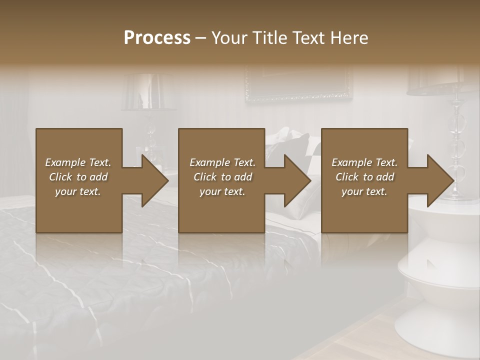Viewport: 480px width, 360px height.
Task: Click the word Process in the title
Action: point(157,37)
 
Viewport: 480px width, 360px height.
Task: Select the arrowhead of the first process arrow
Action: point(154,180)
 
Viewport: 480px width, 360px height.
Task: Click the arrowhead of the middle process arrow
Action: point(297,180)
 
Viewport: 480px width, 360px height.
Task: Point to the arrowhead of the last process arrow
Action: point(440,180)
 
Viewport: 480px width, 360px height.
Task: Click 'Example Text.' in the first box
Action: point(78,162)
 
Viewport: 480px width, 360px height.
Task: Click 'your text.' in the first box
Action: point(78,191)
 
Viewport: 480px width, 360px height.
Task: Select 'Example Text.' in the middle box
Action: point(222,162)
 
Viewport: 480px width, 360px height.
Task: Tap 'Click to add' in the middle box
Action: point(222,177)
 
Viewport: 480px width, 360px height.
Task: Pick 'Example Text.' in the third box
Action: point(364,162)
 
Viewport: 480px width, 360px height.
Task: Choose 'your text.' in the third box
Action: point(364,191)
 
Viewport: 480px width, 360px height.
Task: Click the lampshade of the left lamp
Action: point(148,92)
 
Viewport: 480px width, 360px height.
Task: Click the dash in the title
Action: point(201,38)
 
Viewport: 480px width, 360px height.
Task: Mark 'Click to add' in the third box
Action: point(364,177)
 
